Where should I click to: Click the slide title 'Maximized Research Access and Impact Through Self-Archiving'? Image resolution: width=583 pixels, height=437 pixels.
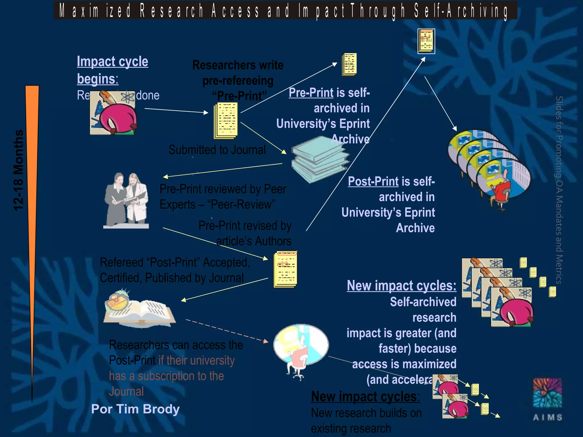pos(285,11)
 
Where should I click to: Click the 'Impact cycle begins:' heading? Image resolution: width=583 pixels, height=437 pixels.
pos(112,70)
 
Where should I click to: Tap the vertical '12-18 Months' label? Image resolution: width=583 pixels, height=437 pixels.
pos(19,170)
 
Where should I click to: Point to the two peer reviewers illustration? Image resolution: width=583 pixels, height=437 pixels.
pos(126,201)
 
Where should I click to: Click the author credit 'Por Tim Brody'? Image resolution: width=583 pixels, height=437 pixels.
pos(135,409)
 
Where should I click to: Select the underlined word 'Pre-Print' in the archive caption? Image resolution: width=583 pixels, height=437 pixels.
pos(311,93)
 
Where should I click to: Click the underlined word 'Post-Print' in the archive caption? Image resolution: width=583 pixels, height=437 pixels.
pos(373,182)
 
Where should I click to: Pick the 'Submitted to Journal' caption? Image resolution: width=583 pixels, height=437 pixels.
pos(217,150)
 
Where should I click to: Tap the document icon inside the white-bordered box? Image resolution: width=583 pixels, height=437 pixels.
pos(426,41)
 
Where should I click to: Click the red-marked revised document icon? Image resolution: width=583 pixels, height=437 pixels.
pos(285,269)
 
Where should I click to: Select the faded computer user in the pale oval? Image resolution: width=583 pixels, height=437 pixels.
pos(301,349)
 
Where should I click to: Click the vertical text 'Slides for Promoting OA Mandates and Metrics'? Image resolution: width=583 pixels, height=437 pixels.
pos(559,190)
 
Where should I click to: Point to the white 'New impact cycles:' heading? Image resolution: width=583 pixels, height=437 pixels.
pos(401,286)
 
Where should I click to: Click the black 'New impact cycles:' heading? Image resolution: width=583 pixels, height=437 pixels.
pos(365,396)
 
